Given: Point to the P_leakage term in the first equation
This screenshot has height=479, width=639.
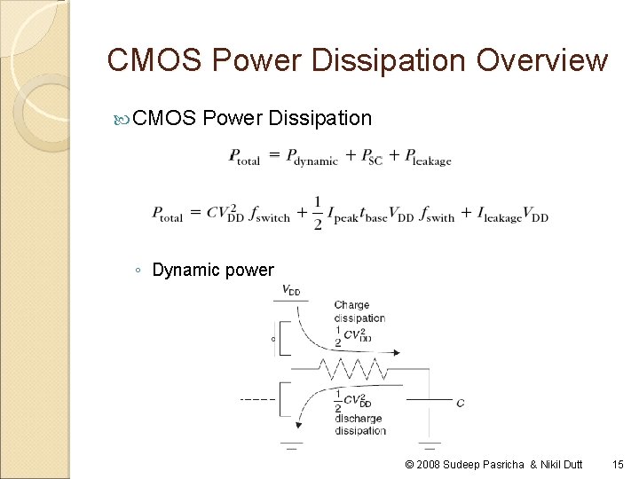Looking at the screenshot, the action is (x=428, y=158).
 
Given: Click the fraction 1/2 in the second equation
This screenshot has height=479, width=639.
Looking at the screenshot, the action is (x=318, y=213).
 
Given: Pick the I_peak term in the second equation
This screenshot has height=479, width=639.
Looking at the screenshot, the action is (x=344, y=216).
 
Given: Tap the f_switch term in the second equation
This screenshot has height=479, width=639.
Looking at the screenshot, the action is (x=264, y=216).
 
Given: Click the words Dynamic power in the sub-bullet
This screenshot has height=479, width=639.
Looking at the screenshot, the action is (x=213, y=270).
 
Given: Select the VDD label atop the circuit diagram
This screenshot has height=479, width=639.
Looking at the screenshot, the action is (x=290, y=290).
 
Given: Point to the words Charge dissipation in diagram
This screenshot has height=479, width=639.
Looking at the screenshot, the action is (x=359, y=311).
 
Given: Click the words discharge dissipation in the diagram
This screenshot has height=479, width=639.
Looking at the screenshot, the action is (x=359, y=424).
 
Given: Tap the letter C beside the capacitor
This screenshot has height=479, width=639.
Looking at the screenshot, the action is (x=460, y=403).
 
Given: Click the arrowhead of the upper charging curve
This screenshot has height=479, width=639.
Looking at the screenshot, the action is (x=394, y=352).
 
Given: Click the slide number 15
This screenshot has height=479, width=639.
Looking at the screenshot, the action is (x=618, y=464).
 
